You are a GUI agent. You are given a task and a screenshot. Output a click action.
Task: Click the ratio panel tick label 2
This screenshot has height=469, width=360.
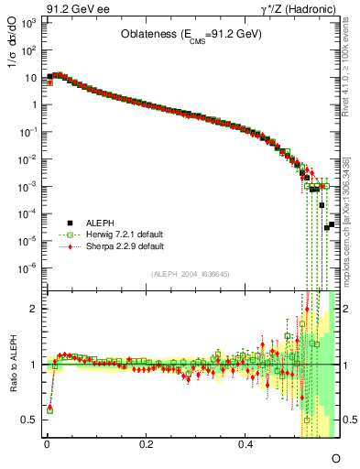click(34, 309)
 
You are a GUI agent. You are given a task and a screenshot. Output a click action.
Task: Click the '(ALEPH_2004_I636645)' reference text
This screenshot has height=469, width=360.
click(190, 275)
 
